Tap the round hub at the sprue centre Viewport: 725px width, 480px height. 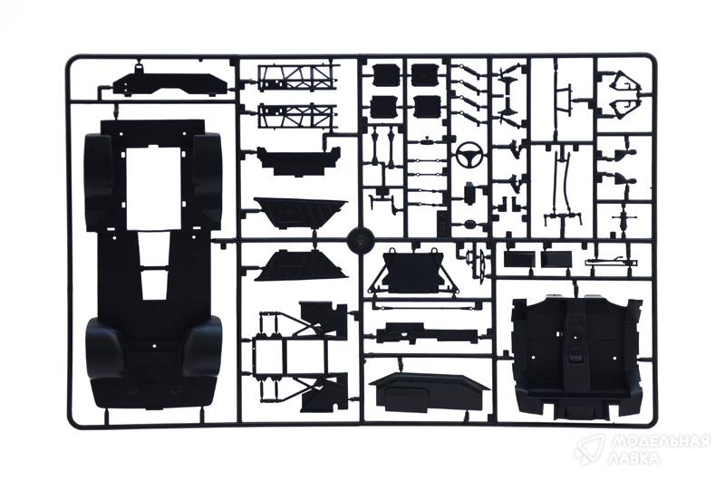click(360, 239)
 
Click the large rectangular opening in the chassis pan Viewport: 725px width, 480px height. click(153, 189)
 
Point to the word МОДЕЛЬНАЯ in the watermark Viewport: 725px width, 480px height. click(660, 442)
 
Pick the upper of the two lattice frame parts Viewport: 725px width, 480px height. click(296, 77)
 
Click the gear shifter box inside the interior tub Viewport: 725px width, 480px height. click(576, 353)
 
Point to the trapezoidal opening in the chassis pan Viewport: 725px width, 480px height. click(153, 265)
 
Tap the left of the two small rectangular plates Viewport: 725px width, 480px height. click(518, 259)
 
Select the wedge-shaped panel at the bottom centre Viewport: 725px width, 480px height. click(429, 393)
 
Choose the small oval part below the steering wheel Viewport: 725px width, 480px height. click(471, 225)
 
